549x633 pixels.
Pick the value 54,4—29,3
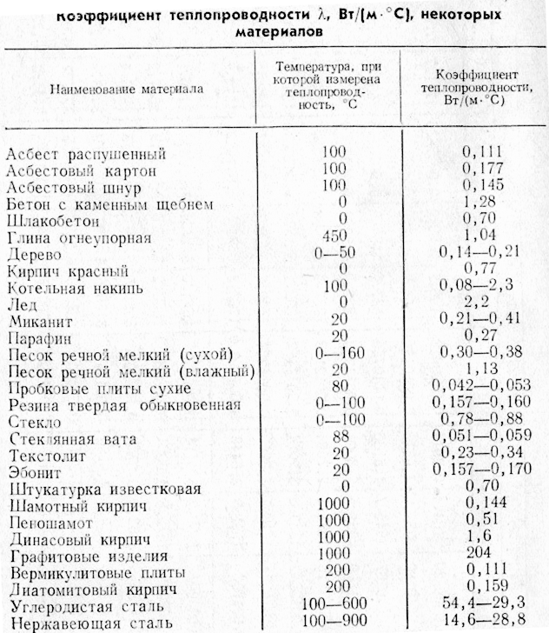point(484,605)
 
